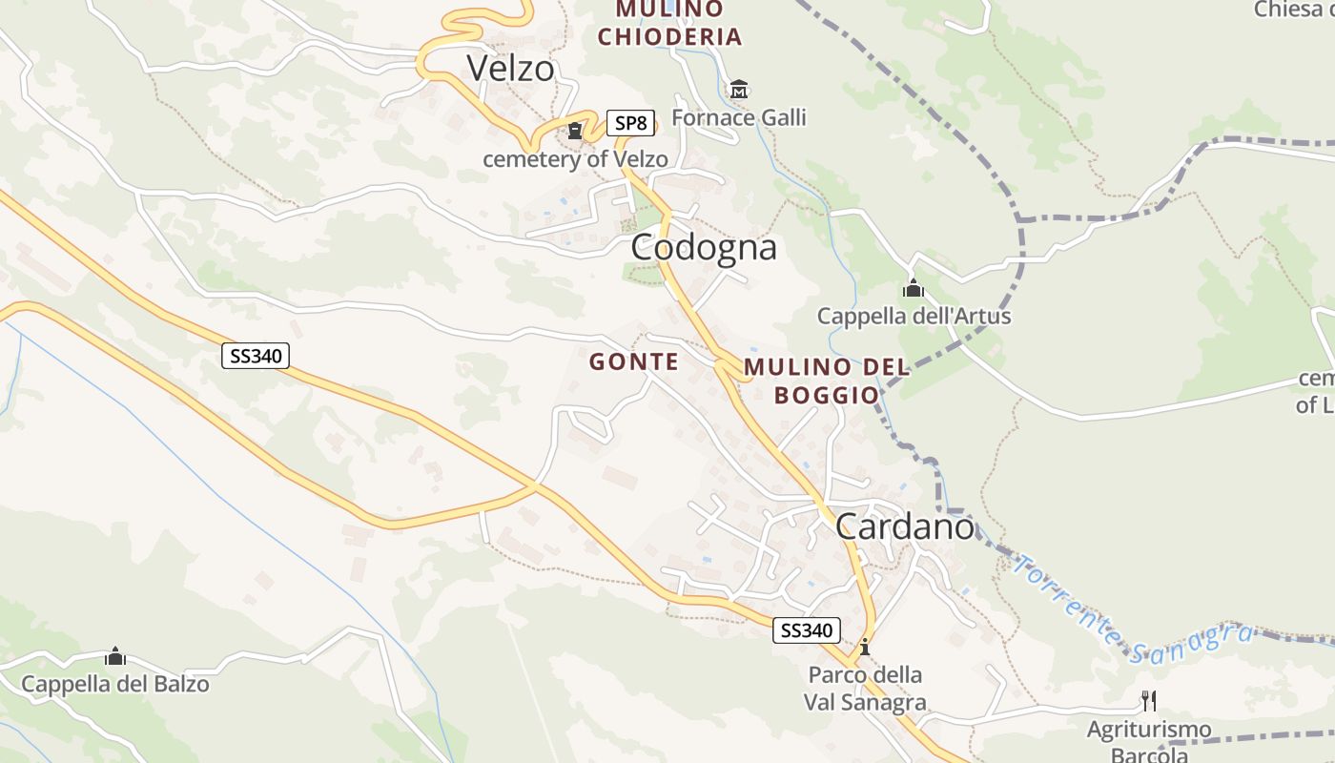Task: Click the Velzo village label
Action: point(510,68)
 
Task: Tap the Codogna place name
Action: point(704,247)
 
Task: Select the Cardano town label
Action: point(905,526)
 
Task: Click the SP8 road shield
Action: point(630,123)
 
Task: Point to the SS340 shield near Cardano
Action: point(807,629)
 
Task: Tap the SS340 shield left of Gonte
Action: point(256,356)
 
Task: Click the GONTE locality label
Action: point(634,361)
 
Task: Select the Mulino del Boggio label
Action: point(826,381)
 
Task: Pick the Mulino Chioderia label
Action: point(669,23)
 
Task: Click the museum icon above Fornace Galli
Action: point(738,90)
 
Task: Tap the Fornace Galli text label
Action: point(739,117)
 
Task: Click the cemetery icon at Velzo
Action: point(575,131)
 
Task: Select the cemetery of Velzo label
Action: point(575,158)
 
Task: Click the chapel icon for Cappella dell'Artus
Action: point(914,288)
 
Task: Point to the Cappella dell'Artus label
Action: point(914,316)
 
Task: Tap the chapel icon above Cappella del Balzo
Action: point(115,656)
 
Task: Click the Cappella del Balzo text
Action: point(115,684)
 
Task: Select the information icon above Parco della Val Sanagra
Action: point(865,647)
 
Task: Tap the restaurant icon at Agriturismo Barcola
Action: point(1149,701)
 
